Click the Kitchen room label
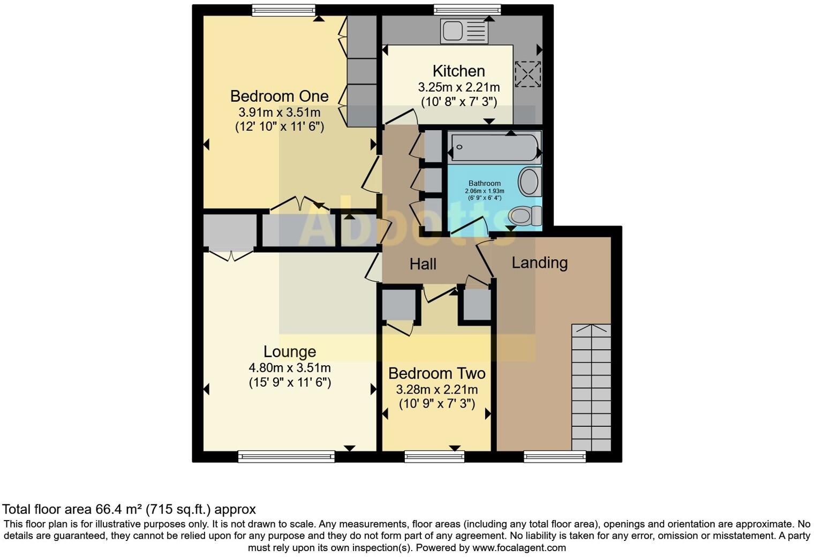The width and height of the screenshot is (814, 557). [x=458, y=71]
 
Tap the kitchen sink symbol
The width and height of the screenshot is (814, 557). [x=464, y=31]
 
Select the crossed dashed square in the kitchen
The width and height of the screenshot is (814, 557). [x=527, y=74]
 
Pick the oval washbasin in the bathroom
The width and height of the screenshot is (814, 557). [x=529, y=182]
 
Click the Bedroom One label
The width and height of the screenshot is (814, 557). [x=279, y=96]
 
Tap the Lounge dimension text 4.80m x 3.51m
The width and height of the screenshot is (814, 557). [x=290, y=368]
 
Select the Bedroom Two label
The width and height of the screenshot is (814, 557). [x=436, y=373]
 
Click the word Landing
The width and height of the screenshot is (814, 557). [x=539, y=262]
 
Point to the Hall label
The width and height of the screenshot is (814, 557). [x=423, y=264]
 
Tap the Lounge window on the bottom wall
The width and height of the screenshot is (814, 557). [x=286, y=456]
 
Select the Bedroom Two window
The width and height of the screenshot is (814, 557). [x=434, y=456]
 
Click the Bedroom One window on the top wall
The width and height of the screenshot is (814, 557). [x=283, y=10]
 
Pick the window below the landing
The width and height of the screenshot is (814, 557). [x=554, y=456]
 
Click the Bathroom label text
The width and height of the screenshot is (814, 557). [x=485, y=183]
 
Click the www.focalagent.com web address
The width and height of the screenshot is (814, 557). [x=519, y=548]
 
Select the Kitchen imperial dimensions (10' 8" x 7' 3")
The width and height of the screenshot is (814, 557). [x=458, y=101]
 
